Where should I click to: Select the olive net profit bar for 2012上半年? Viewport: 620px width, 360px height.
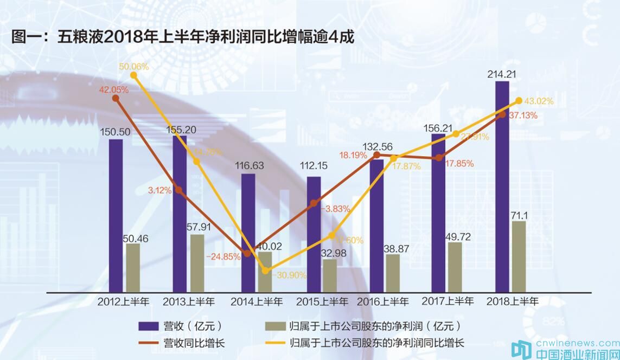click(133, 268)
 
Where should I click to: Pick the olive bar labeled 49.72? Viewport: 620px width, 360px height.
click(455, 267)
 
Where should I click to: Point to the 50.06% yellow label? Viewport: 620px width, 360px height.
click(134, 67)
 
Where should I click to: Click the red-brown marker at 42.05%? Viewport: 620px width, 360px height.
click(116, 98)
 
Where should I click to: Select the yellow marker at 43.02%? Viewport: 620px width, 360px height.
click(519, 101)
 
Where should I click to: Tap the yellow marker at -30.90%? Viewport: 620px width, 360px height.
click(265, 270)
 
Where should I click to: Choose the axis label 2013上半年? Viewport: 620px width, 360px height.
click(189, 301)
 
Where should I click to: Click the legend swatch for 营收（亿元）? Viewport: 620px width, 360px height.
click(147, 326)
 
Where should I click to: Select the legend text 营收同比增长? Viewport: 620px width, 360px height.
click(194, 343)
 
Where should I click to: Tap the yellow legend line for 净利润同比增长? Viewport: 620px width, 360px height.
click(274, 343)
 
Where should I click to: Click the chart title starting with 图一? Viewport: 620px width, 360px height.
click(182, 37)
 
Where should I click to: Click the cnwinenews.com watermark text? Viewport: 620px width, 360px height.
click(577, 343)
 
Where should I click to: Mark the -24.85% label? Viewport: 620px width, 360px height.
click(223, 257)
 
